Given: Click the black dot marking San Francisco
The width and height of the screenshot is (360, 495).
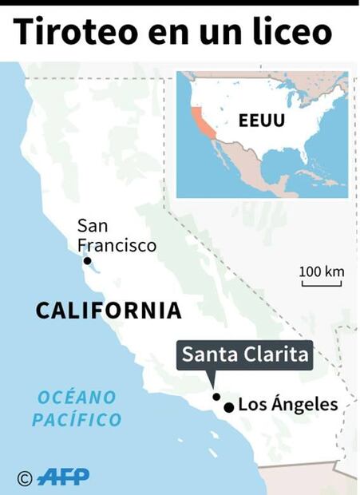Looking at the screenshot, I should [87, 261].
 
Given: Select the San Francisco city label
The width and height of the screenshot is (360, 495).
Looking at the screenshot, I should [117, 236].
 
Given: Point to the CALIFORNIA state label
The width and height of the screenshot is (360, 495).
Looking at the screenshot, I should [109, 311].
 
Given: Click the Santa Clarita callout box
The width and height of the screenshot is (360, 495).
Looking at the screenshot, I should [245, 355].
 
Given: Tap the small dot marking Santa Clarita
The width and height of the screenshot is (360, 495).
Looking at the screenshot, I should [216, 396].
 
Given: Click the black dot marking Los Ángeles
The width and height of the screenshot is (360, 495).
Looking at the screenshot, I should [229, 407].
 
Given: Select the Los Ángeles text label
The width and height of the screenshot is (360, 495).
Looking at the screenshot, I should [288, 405].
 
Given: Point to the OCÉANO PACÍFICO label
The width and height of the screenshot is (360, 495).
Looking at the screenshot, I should [77, 408].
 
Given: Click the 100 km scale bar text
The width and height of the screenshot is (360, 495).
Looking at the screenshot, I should [322, 271].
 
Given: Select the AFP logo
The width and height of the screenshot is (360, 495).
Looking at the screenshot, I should [63, 477].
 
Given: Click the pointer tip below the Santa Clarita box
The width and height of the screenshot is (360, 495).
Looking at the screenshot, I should [211, 384].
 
